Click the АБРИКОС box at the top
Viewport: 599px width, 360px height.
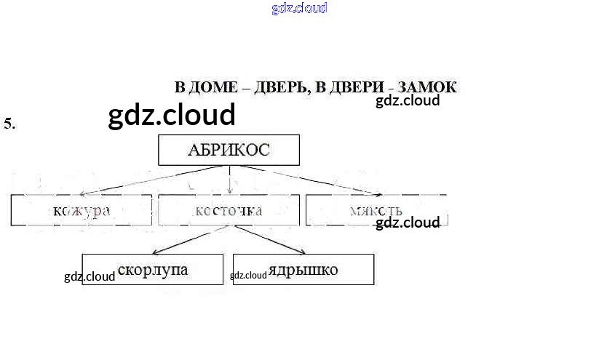[229, 151]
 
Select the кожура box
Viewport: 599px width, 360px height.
[82, 211]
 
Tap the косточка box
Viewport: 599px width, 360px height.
[229, 211]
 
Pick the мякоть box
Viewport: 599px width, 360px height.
[376, 211]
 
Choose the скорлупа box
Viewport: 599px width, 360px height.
[152, 270]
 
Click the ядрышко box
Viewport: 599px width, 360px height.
[303, 270]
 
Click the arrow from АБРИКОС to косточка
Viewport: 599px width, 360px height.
[230, 180]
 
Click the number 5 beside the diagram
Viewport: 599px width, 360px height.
[9, 124]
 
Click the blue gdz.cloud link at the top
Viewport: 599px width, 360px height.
[299, 8]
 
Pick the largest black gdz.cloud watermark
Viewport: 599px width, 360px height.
[172, 115]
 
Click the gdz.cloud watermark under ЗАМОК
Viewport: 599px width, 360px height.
[408, 101]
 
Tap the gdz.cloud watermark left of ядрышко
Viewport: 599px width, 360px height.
[248, 276]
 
